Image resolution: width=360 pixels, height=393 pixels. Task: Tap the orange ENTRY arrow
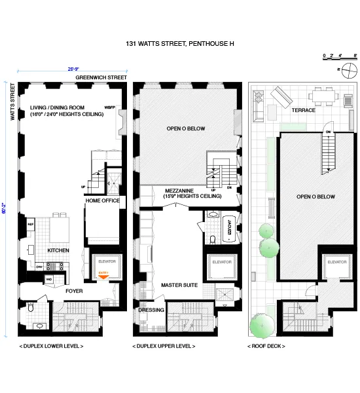pos(103,276)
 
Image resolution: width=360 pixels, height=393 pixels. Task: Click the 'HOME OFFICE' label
pos(103,200)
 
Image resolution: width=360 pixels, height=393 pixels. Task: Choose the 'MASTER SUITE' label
pos(175,286)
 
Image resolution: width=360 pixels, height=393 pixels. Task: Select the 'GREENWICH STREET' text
pos(101,77)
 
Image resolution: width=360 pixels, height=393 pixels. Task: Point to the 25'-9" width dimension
pos(74,67)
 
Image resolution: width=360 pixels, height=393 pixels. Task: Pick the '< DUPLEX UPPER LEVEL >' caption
pos(163,345)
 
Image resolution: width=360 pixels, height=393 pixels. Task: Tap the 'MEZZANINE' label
pos(173,191)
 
